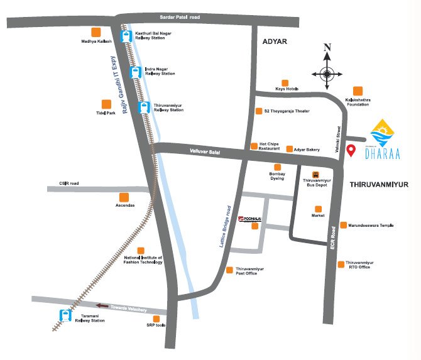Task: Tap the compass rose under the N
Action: (326, 73)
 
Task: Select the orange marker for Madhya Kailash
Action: (96, 32)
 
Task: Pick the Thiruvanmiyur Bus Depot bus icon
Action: (316, 175)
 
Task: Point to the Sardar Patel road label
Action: (177, 17)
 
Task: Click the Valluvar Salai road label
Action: (205, 151)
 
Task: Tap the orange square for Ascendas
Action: (124, 197)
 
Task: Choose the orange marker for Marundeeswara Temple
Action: (343, 225)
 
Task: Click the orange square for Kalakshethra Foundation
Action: (358, 91)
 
